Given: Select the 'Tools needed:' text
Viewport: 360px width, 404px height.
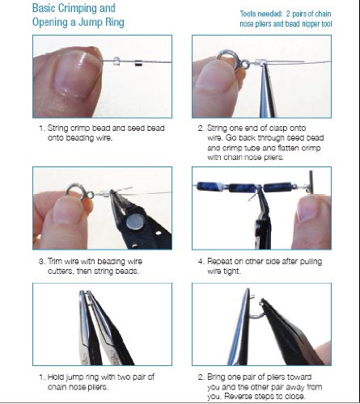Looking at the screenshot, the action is (x=261, y=14).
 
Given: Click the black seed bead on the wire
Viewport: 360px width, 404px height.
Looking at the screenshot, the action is (x=138, y=63).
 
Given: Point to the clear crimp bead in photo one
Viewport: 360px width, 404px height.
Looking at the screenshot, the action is (x=116, y=61).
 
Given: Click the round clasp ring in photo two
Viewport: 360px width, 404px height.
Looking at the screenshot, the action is (x=227, y=59).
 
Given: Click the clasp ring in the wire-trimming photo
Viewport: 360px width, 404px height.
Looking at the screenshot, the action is (x=75, y=191).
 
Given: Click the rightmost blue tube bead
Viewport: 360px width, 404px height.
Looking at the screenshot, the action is (x=278, y=187).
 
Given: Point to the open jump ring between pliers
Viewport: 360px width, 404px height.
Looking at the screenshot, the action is (x=255, y=309).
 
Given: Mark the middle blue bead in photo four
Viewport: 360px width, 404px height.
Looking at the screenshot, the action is (x=243, y=187).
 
